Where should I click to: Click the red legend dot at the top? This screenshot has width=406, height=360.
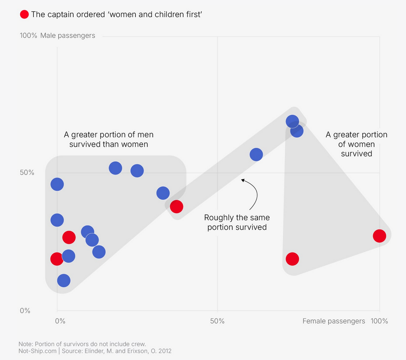[24, 14]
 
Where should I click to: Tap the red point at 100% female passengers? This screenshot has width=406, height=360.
[379, 236]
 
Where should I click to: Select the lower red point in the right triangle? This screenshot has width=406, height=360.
[292, 259]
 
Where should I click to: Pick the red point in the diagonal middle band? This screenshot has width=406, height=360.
[176, 206]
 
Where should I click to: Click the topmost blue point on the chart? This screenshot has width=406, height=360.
[292, 122]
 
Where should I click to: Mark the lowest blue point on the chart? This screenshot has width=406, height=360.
[63, 280]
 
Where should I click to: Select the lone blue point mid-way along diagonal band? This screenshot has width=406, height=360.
[256, 154]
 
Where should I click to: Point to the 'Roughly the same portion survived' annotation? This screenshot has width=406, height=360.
[237, 222]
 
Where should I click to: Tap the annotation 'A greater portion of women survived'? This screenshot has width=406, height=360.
[357, 144]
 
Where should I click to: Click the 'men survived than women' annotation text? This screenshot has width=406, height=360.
[108, 140]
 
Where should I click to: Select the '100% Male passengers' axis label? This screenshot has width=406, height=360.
[57, 35]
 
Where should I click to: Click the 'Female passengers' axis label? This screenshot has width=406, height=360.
[334, 321]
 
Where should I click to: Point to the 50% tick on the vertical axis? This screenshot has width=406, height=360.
[27, 172]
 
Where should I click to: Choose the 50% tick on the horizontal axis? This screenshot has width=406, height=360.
[217, 321]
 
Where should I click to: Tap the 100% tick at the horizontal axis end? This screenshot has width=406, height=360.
[379, 321]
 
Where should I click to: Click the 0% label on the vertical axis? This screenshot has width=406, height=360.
[25, 311]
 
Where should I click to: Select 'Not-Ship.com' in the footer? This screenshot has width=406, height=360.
[38, 351]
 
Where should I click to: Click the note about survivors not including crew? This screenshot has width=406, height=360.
[82, 343]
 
